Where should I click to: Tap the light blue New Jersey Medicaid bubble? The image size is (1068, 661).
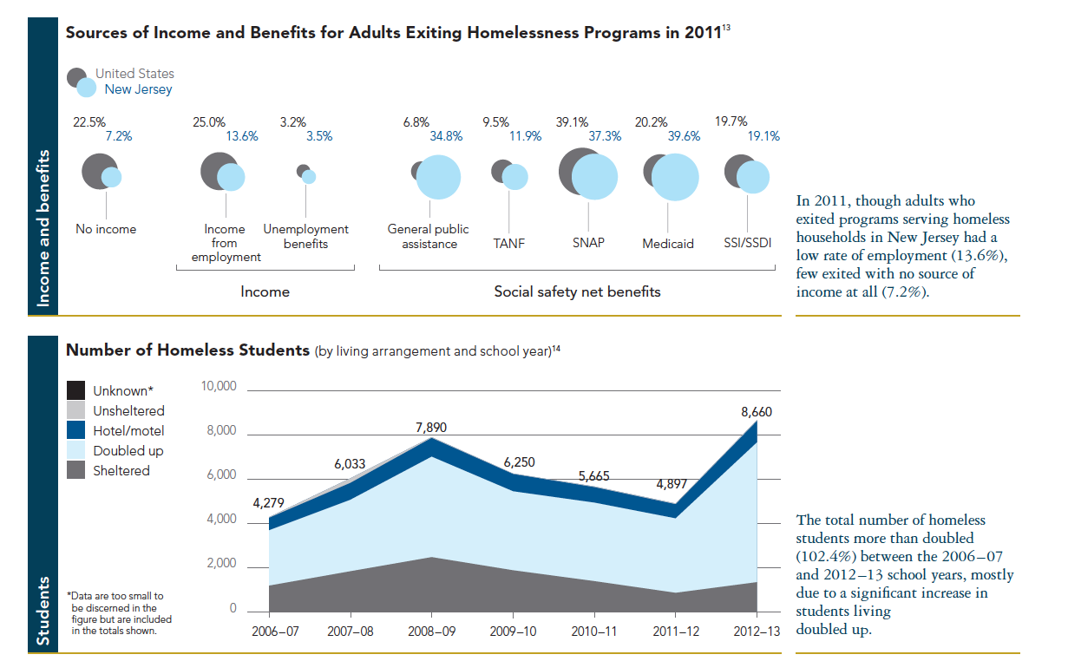pos(675,177)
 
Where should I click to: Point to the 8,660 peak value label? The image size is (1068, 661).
pos(757,412)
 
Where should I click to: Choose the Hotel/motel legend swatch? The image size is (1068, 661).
pos(76,430)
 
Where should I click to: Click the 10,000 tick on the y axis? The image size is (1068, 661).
pos(219,386)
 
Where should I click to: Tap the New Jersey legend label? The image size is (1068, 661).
pos(138,89)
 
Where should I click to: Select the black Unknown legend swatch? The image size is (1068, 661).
pos(76,390)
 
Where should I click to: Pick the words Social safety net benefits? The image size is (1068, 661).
pos(577,292)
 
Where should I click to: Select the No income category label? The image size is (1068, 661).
pos(106,230)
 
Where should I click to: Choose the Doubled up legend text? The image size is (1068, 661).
pos(128,451)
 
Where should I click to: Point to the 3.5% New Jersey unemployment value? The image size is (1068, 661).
pos(318,136)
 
